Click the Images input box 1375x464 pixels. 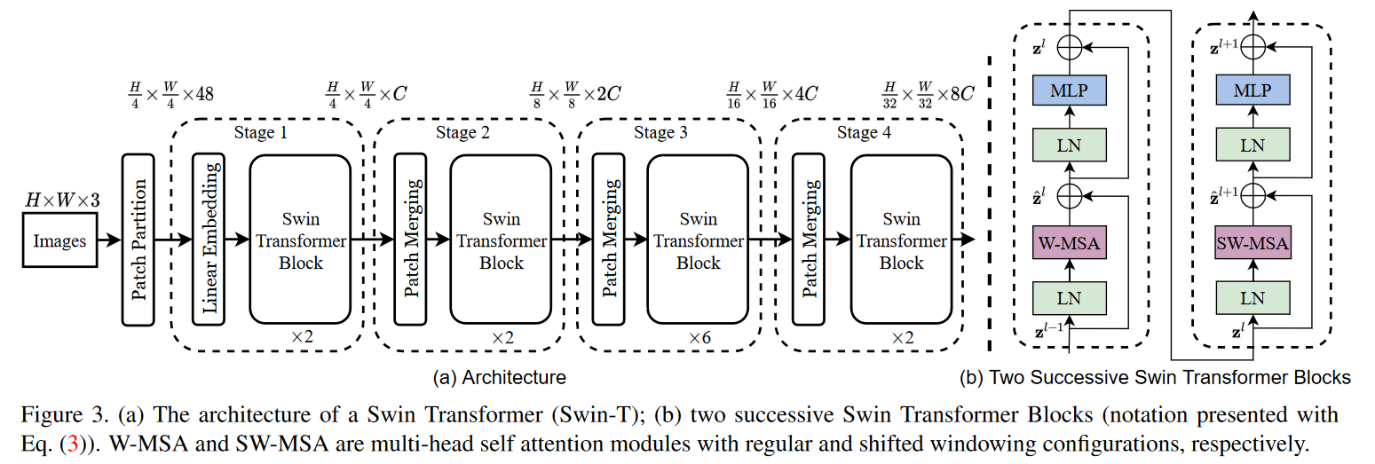pyautogui.click(x=59, y=240)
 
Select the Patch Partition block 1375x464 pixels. pyautogui.click(x=138, y=240)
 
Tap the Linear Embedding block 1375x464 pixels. pyautogui.click(x=209, y=240)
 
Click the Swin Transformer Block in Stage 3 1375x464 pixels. pyautogui.click(x=698, y=240)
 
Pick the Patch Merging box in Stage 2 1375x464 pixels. pyautogui.click(x=411, y=240)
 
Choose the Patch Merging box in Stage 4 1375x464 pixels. pyautogui.click(x=809, y=240)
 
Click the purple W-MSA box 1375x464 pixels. pyautogui.click(x=1070, y=242)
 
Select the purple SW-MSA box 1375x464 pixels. pyautogui.click(x=1253, y=242)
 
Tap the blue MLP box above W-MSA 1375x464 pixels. pyautogui.click(x=1070, y=90)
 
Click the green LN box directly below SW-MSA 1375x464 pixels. pyautogui.click(x=1253, y=298)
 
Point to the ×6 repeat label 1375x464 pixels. pyautogui.click(x=699, y=337)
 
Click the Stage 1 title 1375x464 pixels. pyautogui.click(x=261, y=132)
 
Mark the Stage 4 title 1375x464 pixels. pyautogui.click(x=864, y=132)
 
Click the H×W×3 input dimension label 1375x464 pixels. pyautogui.click(x=62, y=201)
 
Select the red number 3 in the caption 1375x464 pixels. pyautogui.click(x=73, y=444)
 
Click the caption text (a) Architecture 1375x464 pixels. pyautogui.click(x=500, y=377)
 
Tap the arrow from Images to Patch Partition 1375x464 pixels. pyautogui.click(x=110, y=240)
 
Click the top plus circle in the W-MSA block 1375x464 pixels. pyautogui.click(x=1070, y=47)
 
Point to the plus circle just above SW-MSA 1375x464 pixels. pyautogui.click(x=1253, y=196)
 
